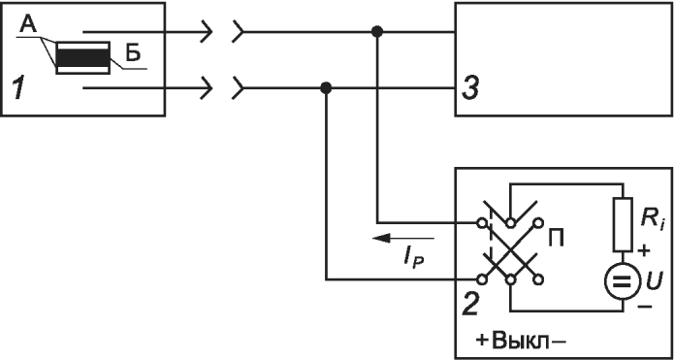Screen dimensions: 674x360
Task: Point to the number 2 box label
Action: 469,305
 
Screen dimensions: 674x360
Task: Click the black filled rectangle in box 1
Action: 82,57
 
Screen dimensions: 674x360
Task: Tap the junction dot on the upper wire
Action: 377,31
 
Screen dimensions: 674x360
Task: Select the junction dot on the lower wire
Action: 326,88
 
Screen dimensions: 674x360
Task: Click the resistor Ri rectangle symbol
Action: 622,224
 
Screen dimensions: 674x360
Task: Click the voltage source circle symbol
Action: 622,280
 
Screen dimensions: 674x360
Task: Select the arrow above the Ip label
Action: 403,238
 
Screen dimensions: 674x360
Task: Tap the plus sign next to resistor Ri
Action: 645,250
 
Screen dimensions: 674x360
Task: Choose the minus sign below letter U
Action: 648,307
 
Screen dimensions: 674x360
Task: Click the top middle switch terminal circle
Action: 510,223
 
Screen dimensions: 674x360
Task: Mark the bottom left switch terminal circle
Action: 482,279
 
